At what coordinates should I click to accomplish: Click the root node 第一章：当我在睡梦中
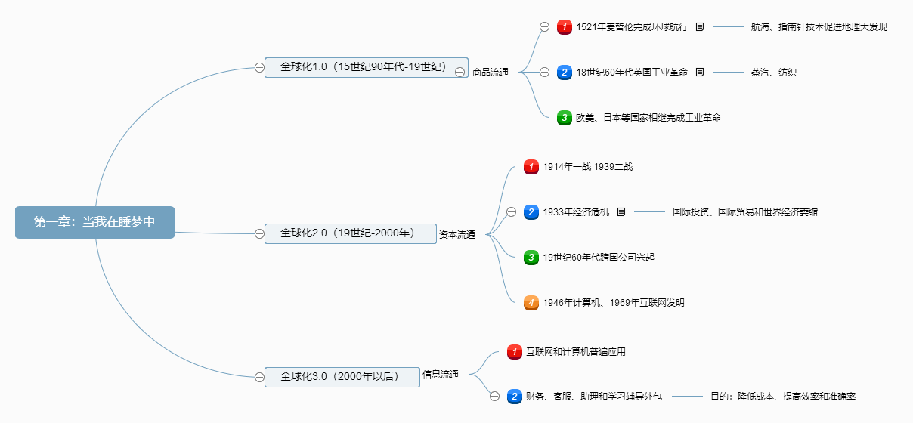94,222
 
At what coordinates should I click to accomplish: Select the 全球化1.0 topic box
366,67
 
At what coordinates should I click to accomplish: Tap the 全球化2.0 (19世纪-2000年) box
351,233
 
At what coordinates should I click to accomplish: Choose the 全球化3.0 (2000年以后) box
342,377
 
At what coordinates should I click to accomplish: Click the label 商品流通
491,73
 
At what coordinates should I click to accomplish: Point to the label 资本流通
457,235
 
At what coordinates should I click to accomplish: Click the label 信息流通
441,375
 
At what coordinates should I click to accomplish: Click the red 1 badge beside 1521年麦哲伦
565,27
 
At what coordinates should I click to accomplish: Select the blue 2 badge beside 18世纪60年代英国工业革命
565,73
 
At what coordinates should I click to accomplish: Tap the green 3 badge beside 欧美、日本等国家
565,118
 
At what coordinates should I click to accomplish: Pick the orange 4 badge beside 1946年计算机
531,303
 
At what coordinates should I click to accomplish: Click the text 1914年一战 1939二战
587,167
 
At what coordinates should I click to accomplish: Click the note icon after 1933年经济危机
621,212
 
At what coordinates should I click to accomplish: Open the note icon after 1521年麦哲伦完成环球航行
699,27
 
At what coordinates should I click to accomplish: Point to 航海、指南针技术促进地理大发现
819,27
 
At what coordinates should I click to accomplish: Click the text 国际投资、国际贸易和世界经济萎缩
744,212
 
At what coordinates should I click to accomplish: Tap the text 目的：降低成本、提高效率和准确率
782,396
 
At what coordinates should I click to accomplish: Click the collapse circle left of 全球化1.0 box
259,67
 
